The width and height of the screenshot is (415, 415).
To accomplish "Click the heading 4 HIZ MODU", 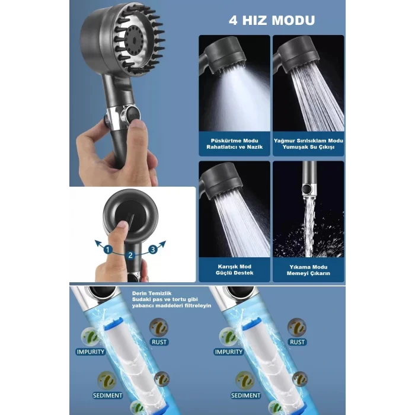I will [272, 20].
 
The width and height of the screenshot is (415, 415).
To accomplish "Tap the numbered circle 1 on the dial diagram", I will [108, 250].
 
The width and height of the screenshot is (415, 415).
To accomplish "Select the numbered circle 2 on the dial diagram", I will [130, 255].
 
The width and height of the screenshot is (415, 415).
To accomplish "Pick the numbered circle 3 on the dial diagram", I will [152, 250].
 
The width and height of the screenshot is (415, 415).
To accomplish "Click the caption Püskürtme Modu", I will [234, 141].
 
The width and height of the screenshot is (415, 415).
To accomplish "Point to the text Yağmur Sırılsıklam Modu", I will [308, 141].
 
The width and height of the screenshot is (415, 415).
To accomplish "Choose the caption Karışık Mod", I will [234, 267].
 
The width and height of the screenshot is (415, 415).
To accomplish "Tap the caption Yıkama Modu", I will [308, 267].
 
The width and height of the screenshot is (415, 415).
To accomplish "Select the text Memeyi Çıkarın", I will [308, 274].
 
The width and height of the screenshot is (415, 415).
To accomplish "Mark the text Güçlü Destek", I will [234, 274].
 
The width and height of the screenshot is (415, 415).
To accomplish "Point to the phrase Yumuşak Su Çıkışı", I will [308, 148].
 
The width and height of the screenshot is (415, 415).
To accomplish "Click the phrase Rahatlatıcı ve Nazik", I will [234, 148].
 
